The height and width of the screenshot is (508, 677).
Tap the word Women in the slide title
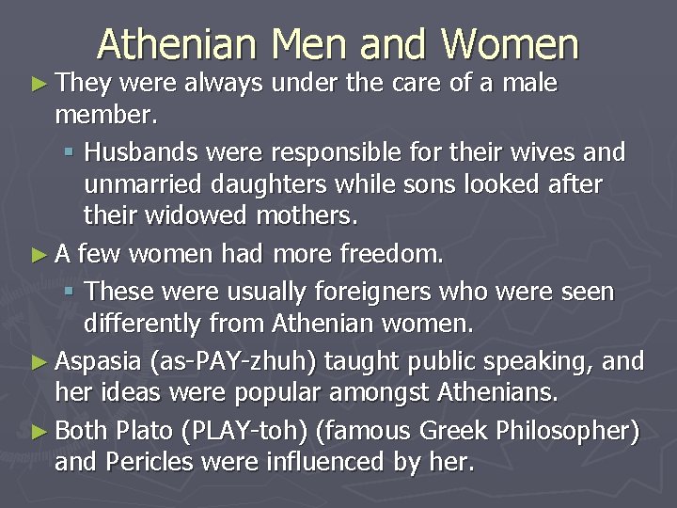click(x=512, y=44)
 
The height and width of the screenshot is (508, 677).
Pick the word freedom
click(x=398, y=253)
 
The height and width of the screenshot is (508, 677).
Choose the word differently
click(x=143, y=325)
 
